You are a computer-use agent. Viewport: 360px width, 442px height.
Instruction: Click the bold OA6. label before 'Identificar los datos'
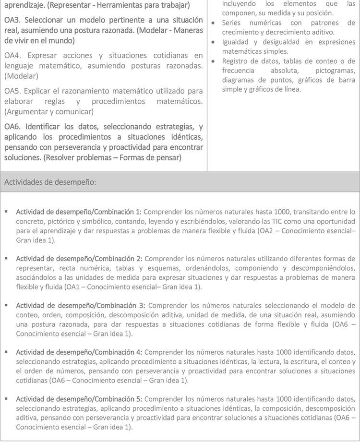point(13,127)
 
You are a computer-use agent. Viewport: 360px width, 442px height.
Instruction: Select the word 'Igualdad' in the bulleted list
point(236,42)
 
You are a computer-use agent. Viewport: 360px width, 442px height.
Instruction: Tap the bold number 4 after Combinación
point(139,352)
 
